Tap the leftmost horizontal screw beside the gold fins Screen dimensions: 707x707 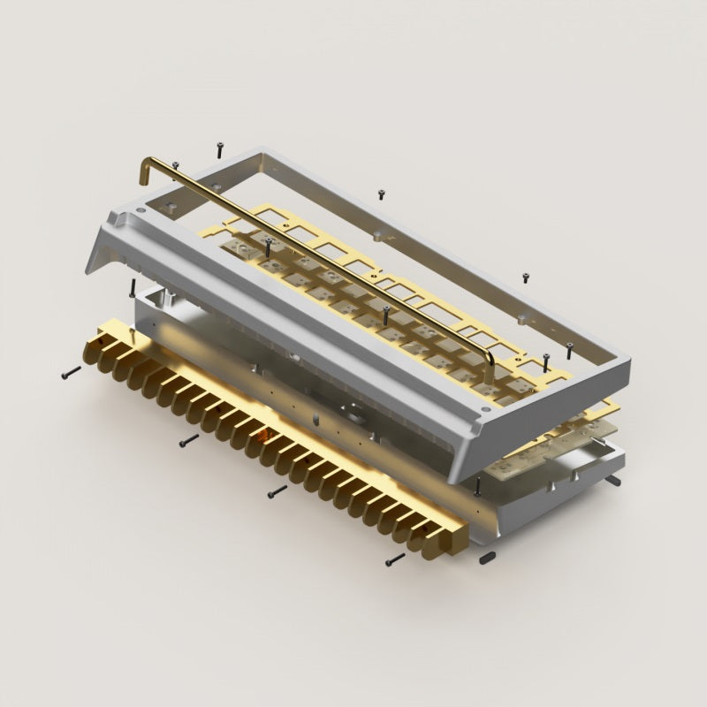[71, 375]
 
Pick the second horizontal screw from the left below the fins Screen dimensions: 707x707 [188, 438]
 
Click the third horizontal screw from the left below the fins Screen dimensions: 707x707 [277, 490]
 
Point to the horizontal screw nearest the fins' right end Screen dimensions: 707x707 [395, 559]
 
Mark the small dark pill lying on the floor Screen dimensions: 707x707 [487, 558]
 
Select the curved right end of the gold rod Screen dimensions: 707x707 [489, 355]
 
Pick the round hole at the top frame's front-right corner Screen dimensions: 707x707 [486, 412]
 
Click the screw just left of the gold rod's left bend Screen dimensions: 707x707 [176, 165]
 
